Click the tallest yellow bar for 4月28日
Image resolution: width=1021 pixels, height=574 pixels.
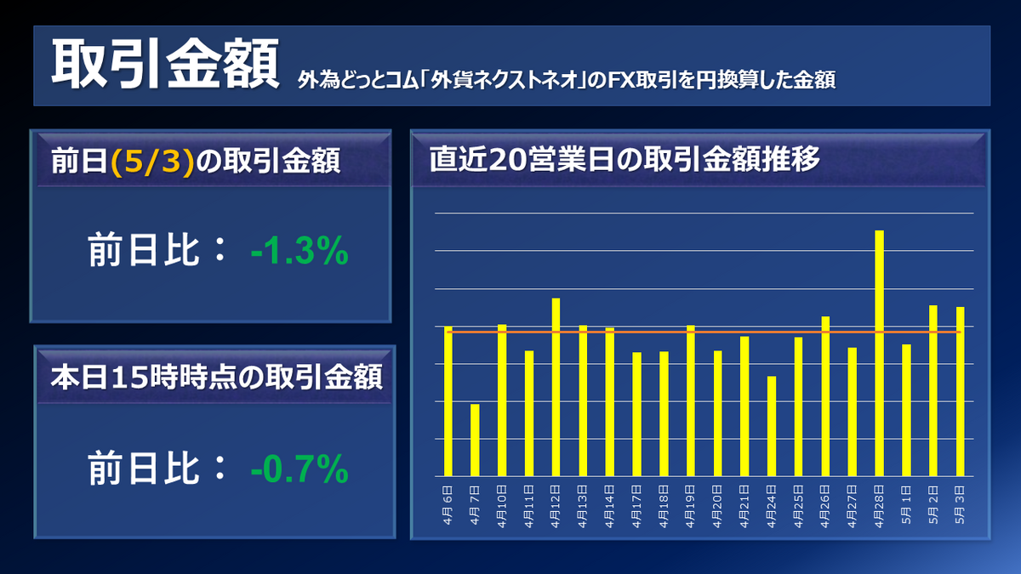tap(879, 353)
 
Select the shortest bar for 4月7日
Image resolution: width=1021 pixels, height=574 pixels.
tap(475, 440)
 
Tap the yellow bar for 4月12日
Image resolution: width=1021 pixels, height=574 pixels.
tap(556, 387)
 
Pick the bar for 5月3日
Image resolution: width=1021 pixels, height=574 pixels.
tap(960, 391)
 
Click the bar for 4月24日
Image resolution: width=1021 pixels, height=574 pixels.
tap(771, 426)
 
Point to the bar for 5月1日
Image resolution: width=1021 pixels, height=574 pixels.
tap(906, 410)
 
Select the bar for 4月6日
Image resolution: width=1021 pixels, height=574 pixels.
tap(448, 401)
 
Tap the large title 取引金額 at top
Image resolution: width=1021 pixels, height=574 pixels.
tap(164, 65)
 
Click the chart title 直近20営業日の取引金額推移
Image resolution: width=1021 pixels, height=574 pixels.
tap(625, 159)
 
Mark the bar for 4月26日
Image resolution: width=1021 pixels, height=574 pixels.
tap(825, 396)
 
